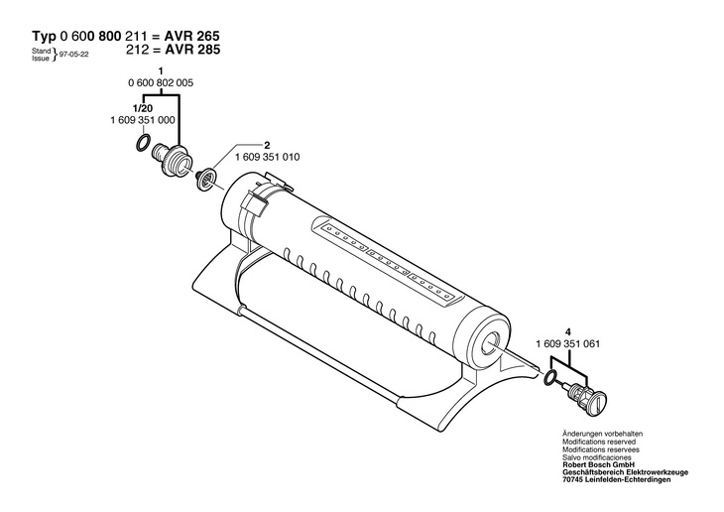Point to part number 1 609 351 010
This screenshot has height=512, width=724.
pyautogui.click(x=268, y=158)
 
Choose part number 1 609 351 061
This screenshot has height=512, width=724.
pyautogui.click(x=566, y=342)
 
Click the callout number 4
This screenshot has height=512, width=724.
pyautogui.click(x=568, y=331)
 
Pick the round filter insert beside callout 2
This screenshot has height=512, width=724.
pyautogui.click(x=204, y=180)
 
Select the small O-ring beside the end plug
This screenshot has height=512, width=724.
pyautogui.click(x=548, y=377)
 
